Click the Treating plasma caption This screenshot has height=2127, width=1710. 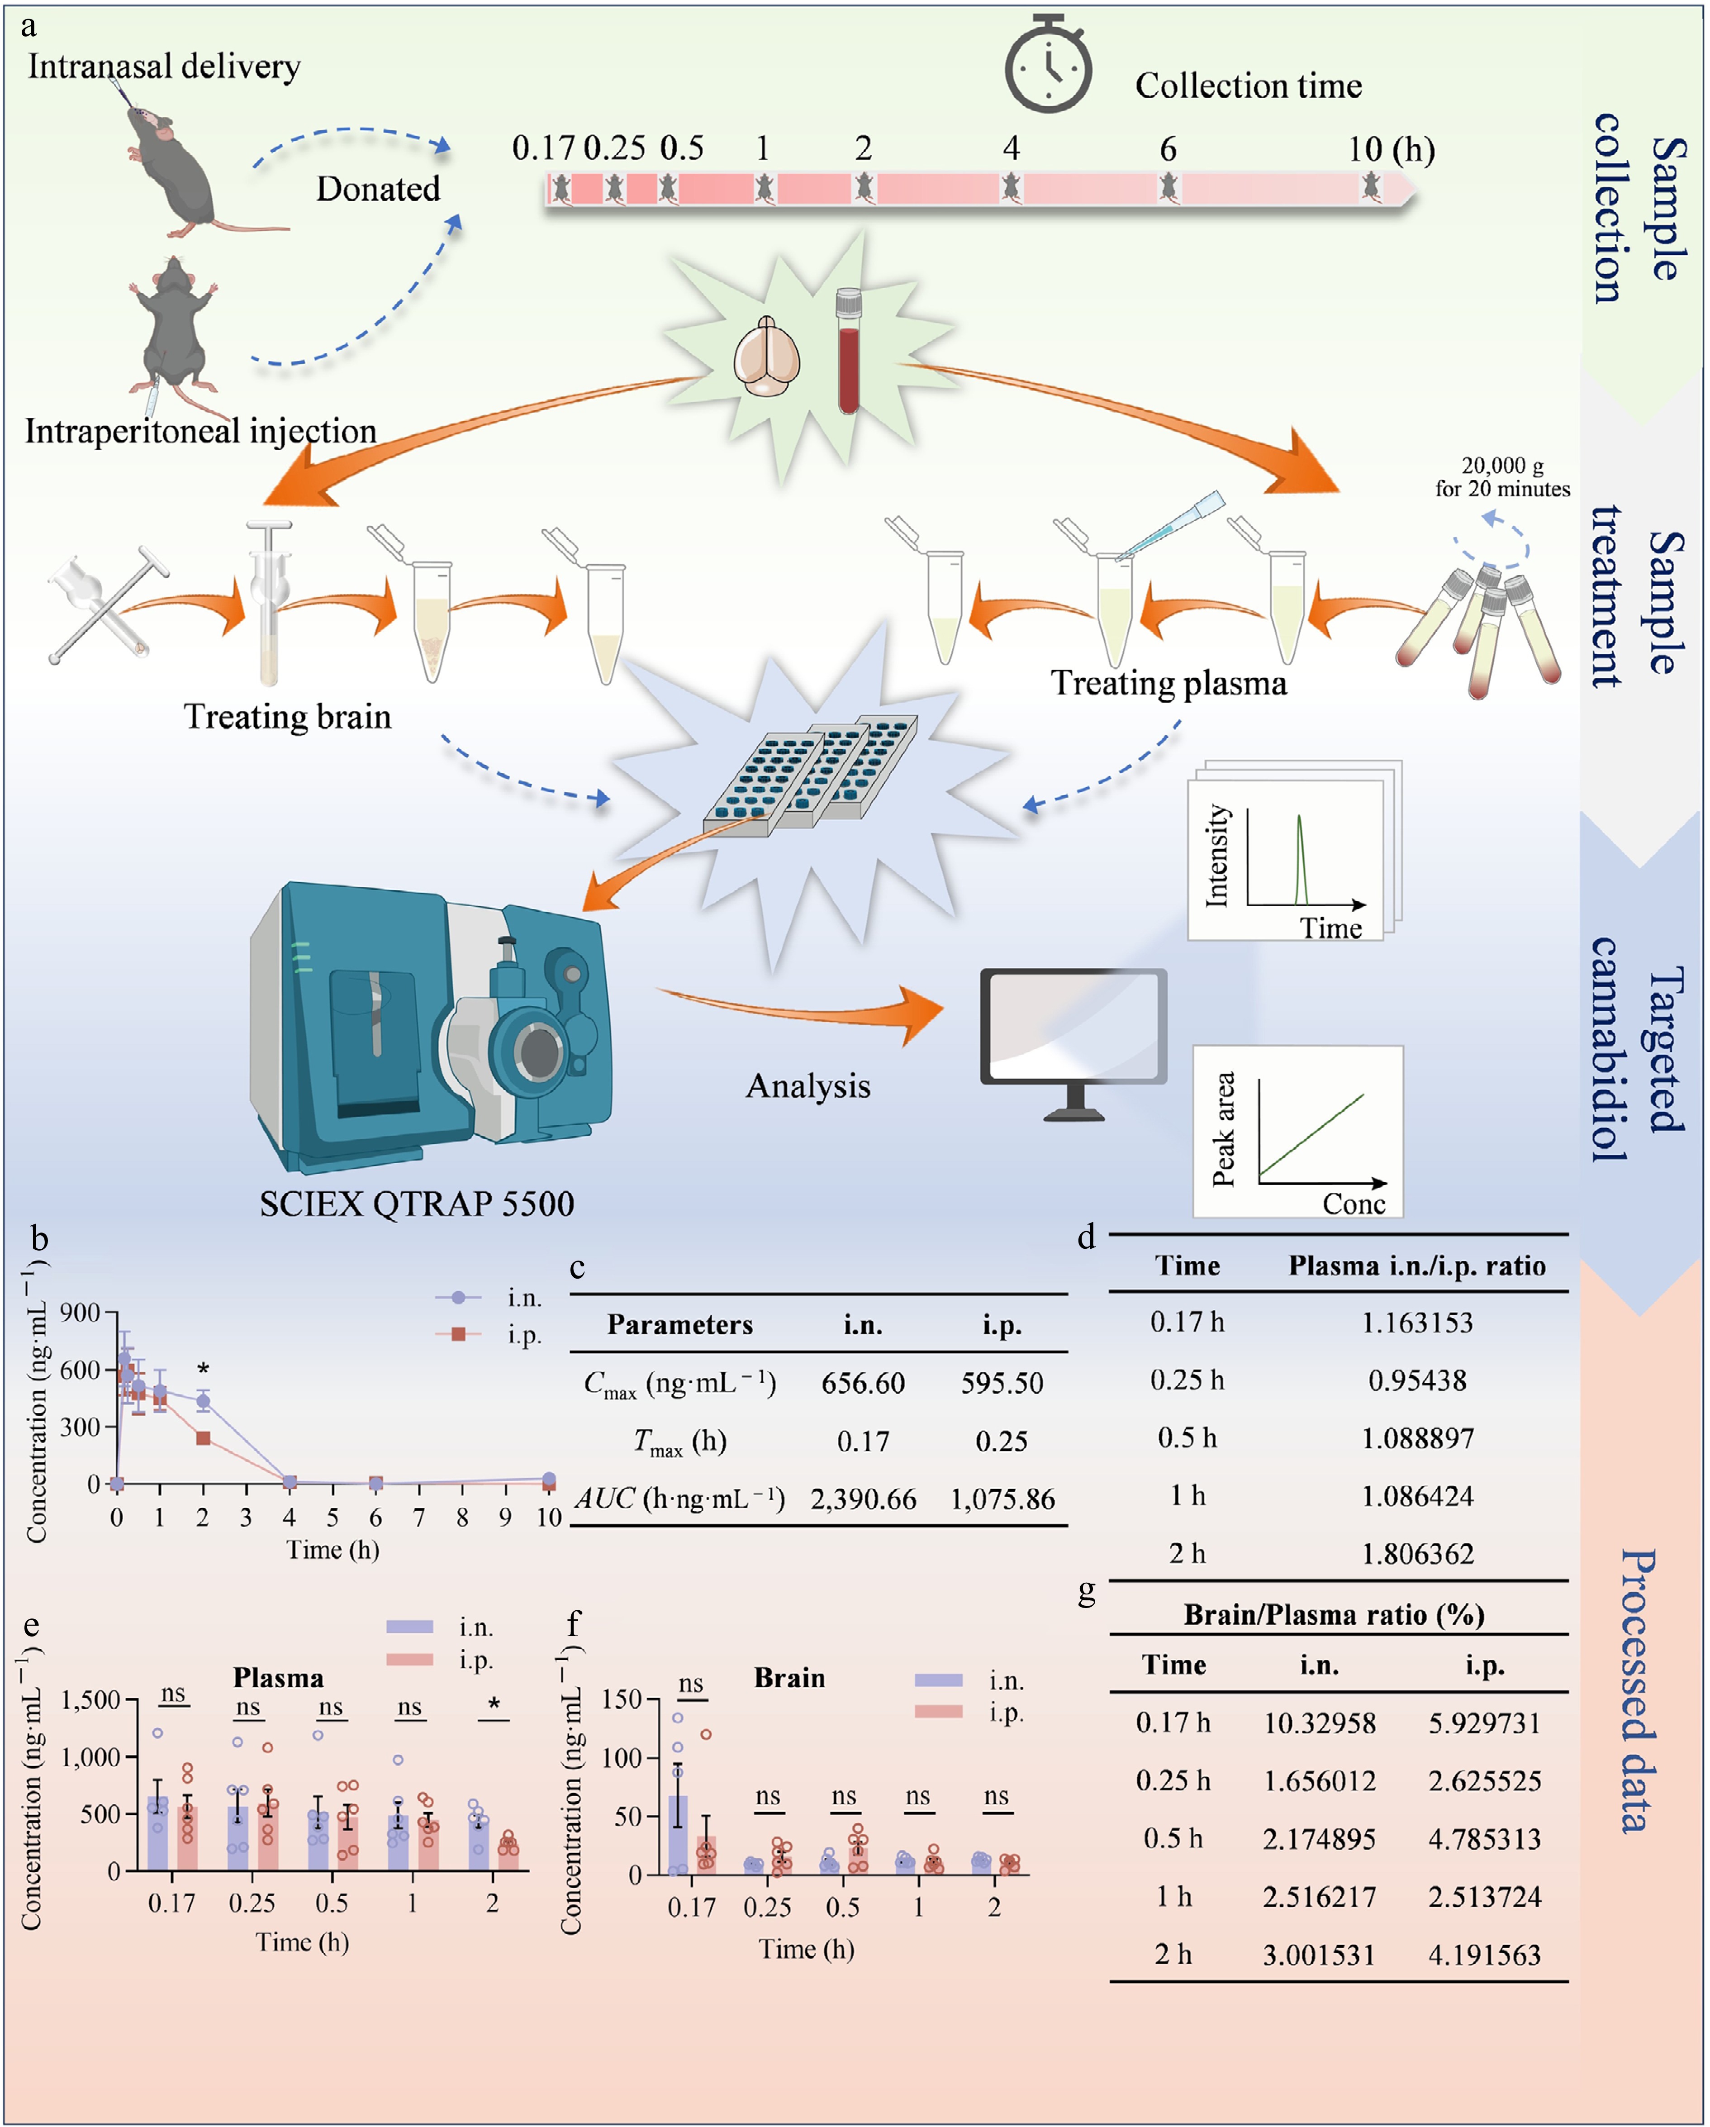(x=1168, y=683)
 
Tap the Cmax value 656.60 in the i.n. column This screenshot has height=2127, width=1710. (x=863, y=1383)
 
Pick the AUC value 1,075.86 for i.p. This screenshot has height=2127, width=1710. (x=1002, y=1499)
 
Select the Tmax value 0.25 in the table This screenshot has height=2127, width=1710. (x=1002, y=1442)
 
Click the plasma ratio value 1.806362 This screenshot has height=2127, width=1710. (x=1417, y=1554)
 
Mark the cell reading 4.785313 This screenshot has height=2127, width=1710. (x=1484, y=1839)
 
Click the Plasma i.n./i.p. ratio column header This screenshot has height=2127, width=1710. (x=1417, y=1266)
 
